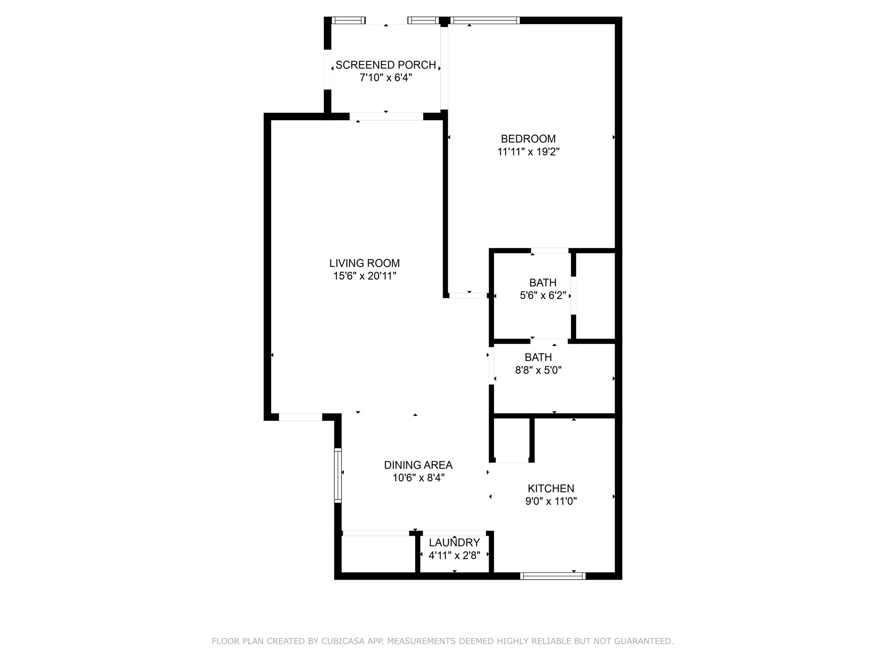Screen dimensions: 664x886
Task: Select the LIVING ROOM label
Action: pos(364,264)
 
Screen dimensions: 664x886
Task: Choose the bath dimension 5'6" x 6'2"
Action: pos(543,296)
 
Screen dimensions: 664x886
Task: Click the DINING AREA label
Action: pos(418,465)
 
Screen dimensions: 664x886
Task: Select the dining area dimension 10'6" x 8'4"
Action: pos(418,478)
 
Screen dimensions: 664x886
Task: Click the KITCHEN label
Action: pos(551,488)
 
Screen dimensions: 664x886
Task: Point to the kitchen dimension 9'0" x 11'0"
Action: pos(551,501)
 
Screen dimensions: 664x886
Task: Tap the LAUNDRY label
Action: pos(454,543)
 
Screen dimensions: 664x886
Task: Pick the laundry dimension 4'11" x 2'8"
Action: pos(454,555)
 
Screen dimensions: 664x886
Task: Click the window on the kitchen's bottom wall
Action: pos(552,576)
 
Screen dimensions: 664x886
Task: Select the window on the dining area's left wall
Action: pos(338,476)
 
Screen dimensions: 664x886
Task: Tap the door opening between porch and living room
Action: pos(386,117)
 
